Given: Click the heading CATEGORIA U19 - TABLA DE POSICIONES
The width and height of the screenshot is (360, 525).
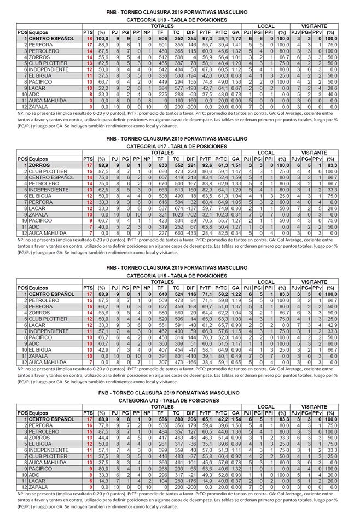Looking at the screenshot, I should click(x=176, y=19).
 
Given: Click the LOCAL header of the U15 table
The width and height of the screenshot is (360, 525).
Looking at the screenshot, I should click(x=266, y=282).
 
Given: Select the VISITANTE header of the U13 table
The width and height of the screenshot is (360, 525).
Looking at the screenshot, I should click(x=314, y=407).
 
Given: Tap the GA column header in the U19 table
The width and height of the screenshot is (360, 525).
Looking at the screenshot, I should click(x=235, y=33).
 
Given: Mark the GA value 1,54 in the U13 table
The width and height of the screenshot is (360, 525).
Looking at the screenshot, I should click(x=235, y=419).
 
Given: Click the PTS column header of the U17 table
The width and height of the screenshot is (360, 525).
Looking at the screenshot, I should click(x=88, y=159).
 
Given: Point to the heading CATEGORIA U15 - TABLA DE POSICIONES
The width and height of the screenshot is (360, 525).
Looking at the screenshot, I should click(x=176, y=276).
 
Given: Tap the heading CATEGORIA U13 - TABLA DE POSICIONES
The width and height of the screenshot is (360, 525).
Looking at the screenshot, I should click(x=176, y=401).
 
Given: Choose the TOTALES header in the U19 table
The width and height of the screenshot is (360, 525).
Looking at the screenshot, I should click(x=162, y=26).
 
